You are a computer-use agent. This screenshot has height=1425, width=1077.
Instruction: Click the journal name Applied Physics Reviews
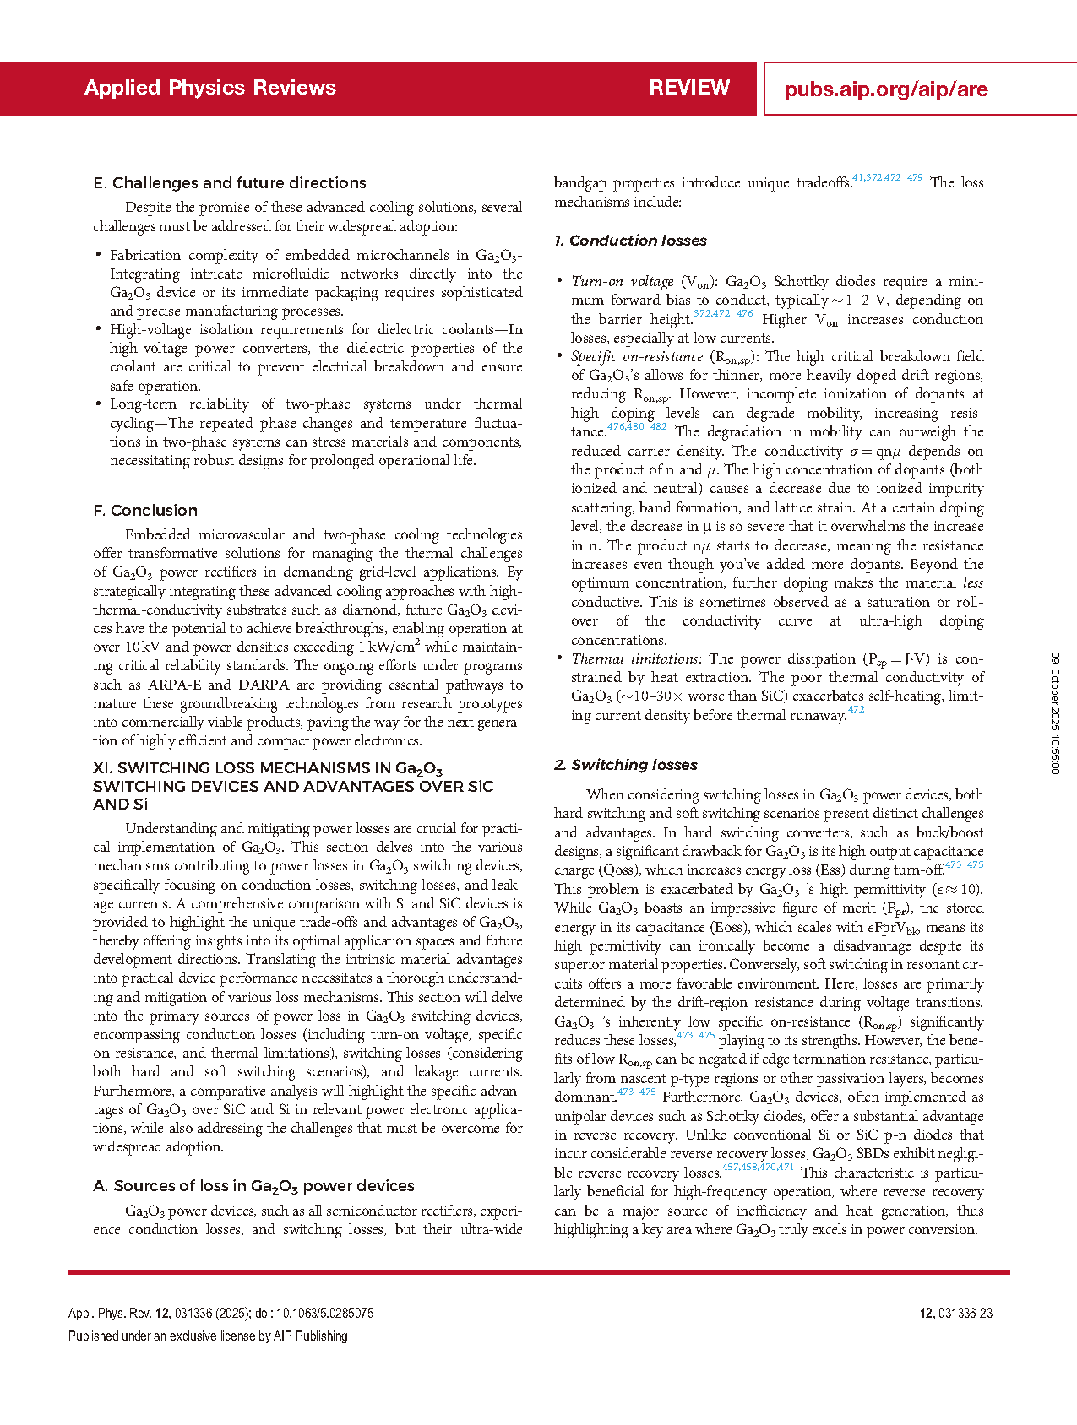click(210, 88)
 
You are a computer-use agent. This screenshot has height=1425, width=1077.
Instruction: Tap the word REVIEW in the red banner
click(689, 88)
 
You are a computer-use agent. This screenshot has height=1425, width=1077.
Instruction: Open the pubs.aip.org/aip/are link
click(885, 89)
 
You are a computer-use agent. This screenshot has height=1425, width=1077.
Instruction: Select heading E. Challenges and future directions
click(230, 183)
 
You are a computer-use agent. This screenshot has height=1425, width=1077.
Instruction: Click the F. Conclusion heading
click(145, 511)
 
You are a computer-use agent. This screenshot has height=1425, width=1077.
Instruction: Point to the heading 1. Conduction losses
click(630, 241)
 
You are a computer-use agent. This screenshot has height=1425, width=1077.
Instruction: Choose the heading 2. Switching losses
click(626, 765)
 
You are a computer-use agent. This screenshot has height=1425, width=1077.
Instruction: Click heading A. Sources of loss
click(253, 1187)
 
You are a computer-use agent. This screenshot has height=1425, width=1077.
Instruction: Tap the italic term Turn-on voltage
click(623, 282)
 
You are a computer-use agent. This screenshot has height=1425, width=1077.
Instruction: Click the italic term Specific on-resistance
click(637, 357)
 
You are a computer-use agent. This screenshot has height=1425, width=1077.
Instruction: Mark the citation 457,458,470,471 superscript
click(758, 1168)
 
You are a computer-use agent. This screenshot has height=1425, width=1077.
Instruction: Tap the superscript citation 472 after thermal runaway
click(856, 710)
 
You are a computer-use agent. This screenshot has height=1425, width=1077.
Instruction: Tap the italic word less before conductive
click(973, 583)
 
